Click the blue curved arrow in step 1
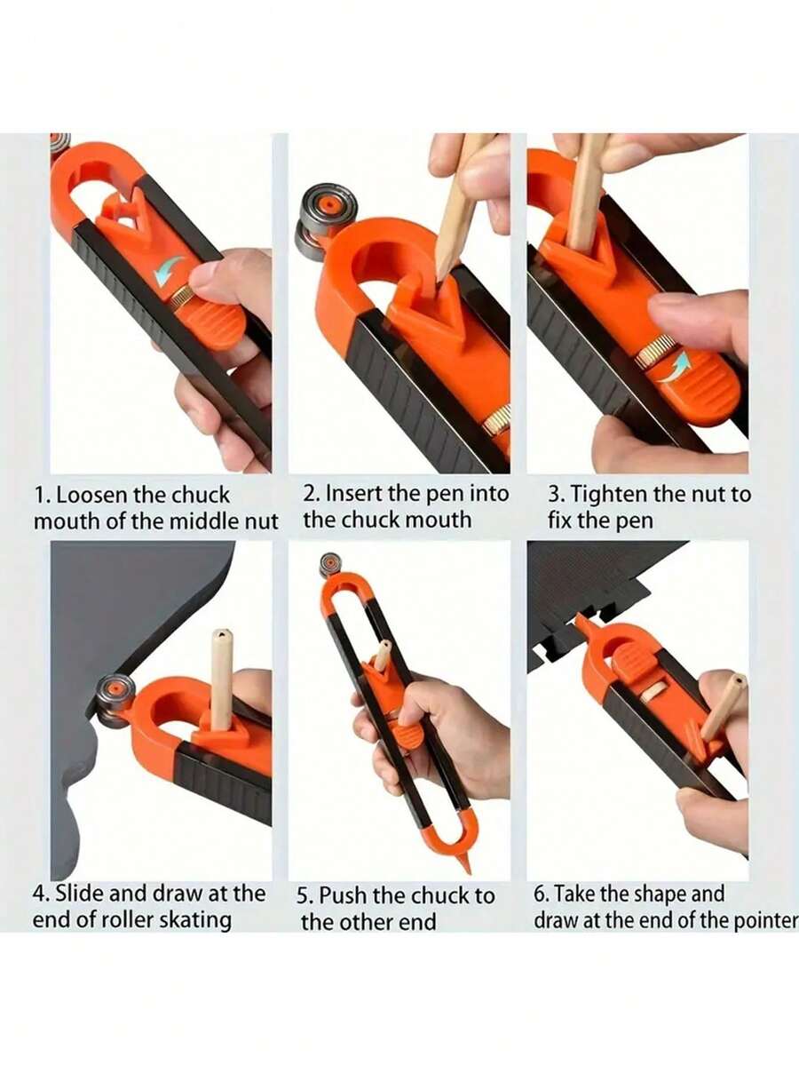point(170,270)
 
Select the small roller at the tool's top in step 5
point(331,563)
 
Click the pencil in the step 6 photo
point(722,705)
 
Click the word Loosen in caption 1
point(94,495)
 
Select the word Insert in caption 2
point(355,493)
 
